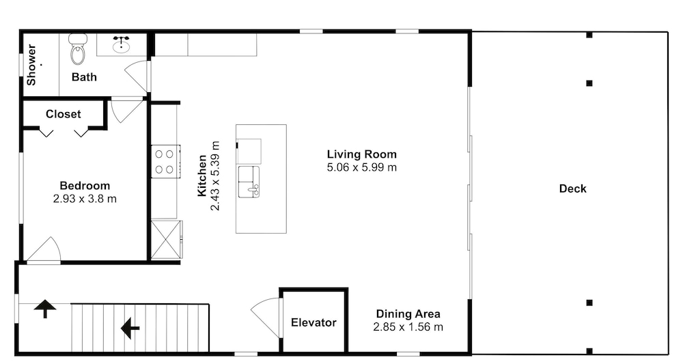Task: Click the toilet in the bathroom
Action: point(78,48)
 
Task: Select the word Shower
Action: point(31,64)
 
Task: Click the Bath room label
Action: point(84,77)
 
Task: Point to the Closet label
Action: point(63,114)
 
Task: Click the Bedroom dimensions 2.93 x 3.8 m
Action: point(85,199)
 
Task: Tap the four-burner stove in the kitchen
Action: point(165,161)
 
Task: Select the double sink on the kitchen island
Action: point(249,182)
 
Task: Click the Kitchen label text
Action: point(201,176)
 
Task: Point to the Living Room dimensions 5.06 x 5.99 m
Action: point(362,167)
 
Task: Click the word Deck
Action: point(573,189)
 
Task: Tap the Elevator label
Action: point(313,323)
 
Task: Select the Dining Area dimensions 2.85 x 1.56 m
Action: point(408,327)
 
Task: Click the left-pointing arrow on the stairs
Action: point(130,328)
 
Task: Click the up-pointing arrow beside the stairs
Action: point(45,309)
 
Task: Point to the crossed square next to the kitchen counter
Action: point(166,240)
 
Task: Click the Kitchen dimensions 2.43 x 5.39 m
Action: point(215,176)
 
